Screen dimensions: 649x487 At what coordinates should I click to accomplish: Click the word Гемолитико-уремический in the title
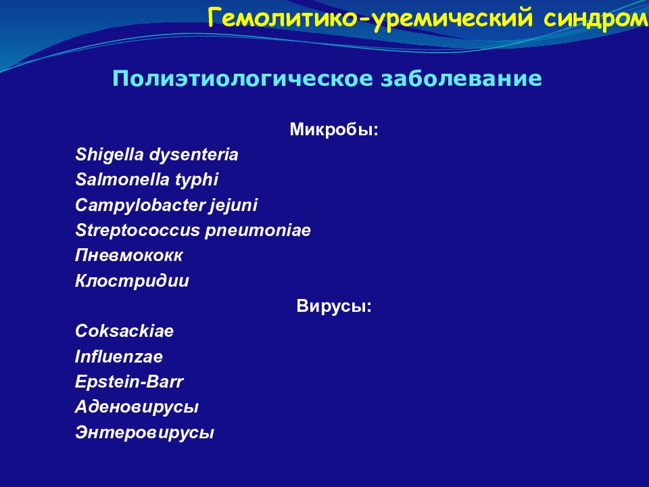[x=370, y=19]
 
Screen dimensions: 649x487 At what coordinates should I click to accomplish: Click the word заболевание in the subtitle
[x=461, y=78]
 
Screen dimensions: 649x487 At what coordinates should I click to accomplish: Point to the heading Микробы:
[x=334, y=130]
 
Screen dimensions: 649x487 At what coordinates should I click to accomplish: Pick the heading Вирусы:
[x=334, y=306]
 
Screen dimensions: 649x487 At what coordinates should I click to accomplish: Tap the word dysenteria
[x=194, y=155]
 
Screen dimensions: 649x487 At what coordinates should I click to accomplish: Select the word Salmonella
[x=122, y=180]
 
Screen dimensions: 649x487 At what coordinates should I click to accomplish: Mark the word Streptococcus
[x=137, y=231]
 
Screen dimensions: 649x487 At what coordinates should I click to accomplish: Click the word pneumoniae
[x=258, y=231]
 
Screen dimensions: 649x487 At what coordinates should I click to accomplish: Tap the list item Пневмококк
[x=128, y=256]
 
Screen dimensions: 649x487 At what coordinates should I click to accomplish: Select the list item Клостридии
[x=132, y=281]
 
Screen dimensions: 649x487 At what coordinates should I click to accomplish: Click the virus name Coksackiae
[x=124, y=331]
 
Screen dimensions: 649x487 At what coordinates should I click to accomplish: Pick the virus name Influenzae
[x=119, y=357]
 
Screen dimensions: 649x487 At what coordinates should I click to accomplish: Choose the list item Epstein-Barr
[x=128, y=381]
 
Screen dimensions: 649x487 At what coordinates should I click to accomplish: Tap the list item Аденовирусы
[x=137, y=407]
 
